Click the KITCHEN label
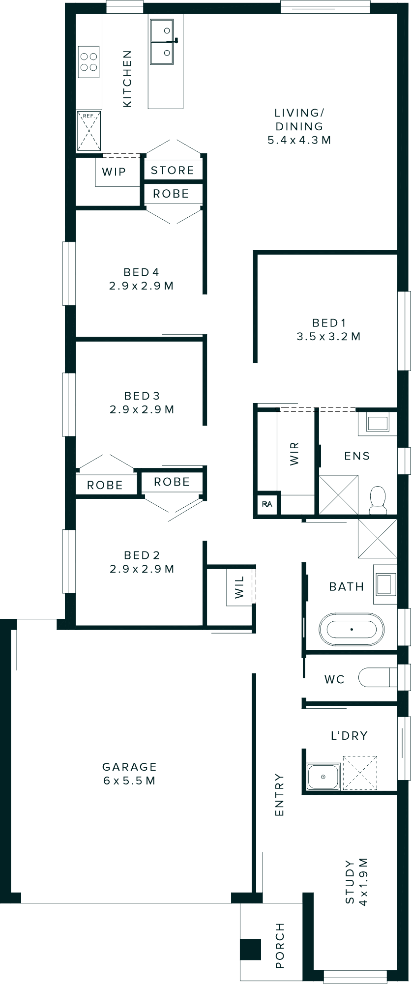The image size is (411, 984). coord(127,79)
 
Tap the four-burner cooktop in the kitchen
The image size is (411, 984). coord(88,62)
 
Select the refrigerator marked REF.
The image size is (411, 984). coord(88,131)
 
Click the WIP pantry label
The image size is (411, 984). coord(114,172)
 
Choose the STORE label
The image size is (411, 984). coord(172,171)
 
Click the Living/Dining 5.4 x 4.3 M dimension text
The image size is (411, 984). coord(299,140)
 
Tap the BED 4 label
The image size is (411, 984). coord(141,272)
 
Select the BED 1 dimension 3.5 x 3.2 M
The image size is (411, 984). coord(328,337)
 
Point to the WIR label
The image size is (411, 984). coord(294,454)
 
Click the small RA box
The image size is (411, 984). coord(267,504)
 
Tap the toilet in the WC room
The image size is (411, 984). coord(376,678)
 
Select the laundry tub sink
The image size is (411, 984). coord(323,777)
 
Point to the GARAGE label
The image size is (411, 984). coord(129,767)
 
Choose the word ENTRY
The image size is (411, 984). coord(279,795)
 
